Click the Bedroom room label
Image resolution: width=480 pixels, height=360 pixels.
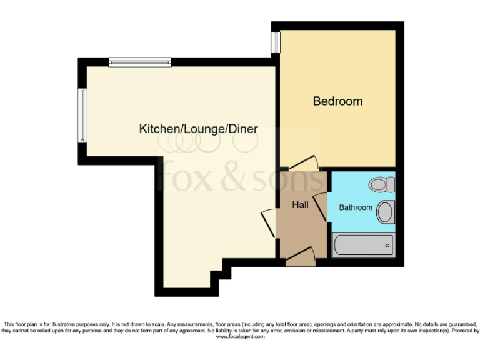[337, 101]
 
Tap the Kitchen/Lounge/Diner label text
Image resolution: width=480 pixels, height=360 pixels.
[198, 129]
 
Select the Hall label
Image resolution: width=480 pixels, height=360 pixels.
[300, 204]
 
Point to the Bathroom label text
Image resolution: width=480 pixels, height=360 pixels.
[356, 207]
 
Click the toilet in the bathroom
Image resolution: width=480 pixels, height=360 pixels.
[381, 184]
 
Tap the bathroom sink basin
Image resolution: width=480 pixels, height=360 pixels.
[386, 212]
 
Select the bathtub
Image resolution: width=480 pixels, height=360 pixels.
[363, 245]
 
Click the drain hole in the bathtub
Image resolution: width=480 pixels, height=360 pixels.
[388, 245]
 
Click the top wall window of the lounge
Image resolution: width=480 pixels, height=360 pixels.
[139, 62]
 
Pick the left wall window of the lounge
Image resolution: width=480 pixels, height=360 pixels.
[82, 115]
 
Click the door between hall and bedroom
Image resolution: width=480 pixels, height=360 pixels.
[304, 162]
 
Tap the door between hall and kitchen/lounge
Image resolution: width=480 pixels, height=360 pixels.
[269, 222]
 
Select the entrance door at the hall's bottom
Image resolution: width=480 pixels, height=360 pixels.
[300, 255]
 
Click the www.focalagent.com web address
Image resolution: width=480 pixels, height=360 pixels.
[241, 337]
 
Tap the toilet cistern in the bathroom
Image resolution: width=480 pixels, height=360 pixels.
[391, 184]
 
